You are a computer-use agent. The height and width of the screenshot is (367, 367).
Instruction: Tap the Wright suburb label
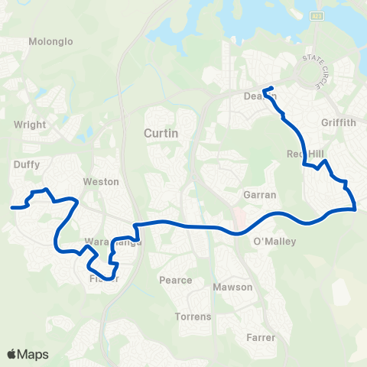30,124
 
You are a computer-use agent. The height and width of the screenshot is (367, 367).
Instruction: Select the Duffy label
27,164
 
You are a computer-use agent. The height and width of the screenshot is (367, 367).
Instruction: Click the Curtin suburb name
161,134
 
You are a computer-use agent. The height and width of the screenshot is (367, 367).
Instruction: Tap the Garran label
259,195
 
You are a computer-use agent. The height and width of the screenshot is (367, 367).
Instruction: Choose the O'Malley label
274,242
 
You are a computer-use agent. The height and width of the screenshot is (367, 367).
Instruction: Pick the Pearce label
175,280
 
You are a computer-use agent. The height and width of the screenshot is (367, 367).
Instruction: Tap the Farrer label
261,336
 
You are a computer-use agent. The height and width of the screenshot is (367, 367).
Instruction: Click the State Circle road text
317,68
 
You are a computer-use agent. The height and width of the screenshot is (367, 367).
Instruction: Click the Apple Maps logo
28,354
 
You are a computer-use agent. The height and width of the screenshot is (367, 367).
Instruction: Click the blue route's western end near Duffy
11,206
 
